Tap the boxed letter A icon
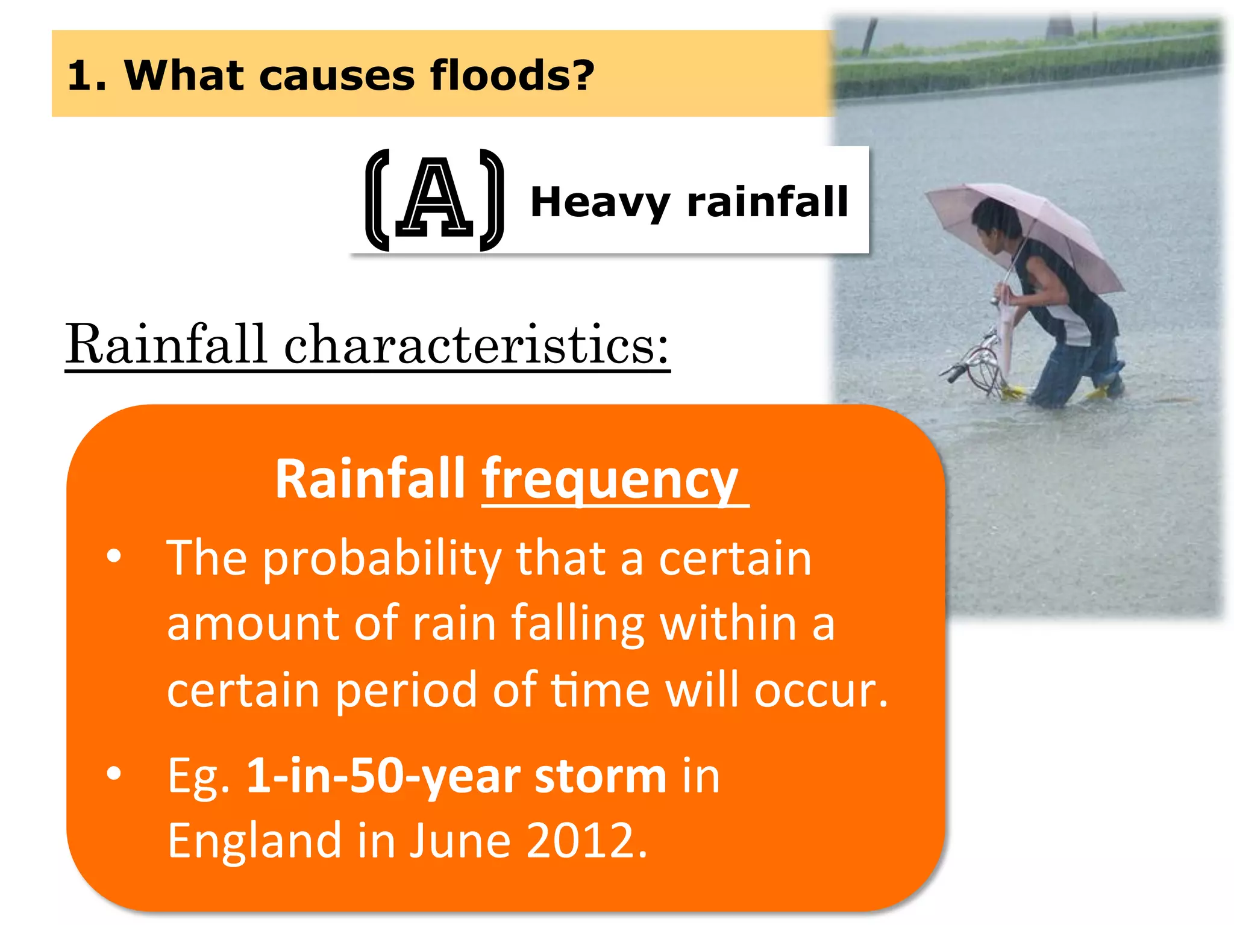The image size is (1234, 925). coord(434,200)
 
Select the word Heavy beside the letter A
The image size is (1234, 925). coord(600,202)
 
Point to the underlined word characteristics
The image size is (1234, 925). coord(476,344)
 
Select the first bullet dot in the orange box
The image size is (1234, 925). coord(114,556)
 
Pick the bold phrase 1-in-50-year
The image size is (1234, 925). coord(383,777)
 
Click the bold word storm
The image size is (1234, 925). coord(600,777)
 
